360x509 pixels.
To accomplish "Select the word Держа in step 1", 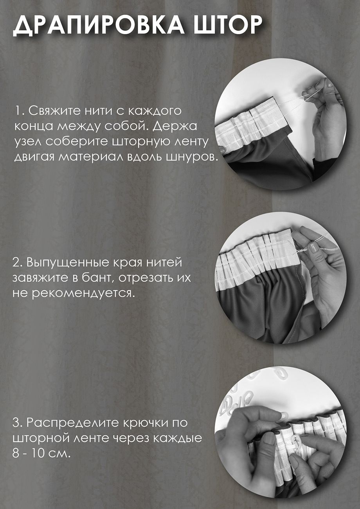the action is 175,126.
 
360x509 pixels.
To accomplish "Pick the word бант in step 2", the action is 97,278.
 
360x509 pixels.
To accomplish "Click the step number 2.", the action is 18,263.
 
